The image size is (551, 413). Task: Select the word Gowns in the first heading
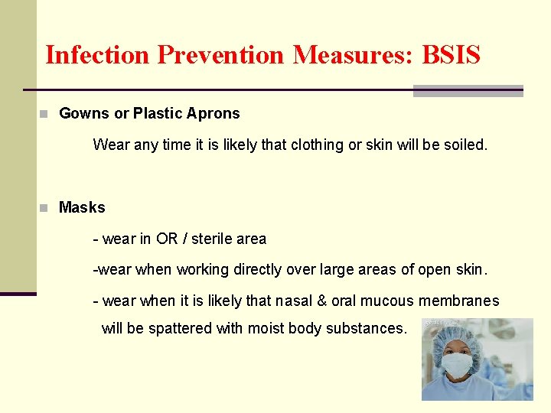click(84, 114)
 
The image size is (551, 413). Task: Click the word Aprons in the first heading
click(217, 114)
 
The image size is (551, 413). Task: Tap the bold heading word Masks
click(82, 207)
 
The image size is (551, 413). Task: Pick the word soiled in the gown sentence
click(465, 145)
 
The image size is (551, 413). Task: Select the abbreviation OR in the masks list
click(167, 239)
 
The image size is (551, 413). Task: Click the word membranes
click(457, 301)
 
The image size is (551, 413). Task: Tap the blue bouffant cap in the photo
click(459, 336)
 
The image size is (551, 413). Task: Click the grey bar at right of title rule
click(468, 91)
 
